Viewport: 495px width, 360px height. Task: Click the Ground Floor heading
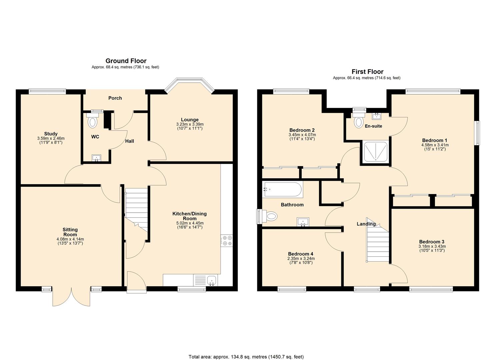click(x=126, y=61)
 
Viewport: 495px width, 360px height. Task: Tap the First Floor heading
click(x=367, y=72)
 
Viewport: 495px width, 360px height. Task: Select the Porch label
click(x=115, y=98)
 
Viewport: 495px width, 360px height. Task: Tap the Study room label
click(x=51, y=134)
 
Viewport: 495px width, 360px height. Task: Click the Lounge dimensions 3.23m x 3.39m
click(x=190, y=124)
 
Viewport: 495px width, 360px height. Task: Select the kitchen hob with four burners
click(x=227, y=241)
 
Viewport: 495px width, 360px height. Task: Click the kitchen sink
click(x=212, y=280)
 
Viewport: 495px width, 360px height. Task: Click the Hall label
click(x=130, y=141)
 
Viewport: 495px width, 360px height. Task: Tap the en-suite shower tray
click(x=376, y=152)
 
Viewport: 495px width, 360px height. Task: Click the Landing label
click(x=366, y=224)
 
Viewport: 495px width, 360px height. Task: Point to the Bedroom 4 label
click(x=300, y=254)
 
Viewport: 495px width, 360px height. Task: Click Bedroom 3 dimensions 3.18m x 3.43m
click(x=432, y=246)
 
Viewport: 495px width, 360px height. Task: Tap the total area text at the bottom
click(x=246, y=357)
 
